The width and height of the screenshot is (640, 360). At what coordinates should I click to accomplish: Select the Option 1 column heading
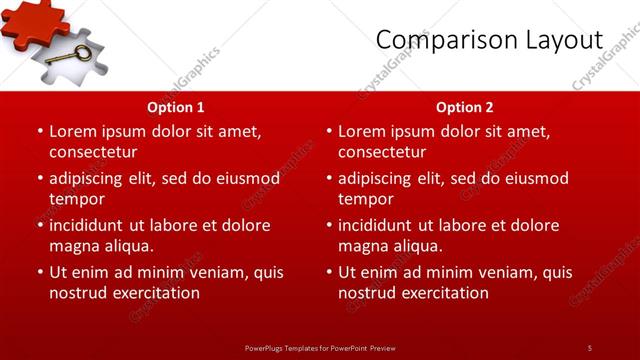(x=176, y=106)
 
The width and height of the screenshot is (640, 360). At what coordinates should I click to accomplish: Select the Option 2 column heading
(x=465, y=106)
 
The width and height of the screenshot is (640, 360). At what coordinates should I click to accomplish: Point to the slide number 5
(x=589, y=347)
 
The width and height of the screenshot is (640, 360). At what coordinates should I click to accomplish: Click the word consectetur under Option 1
(x=92, y=152)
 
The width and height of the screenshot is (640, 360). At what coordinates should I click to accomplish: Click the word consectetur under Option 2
(x=382, y=152)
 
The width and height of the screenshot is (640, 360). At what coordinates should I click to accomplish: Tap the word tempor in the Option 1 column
(x=76, y=199)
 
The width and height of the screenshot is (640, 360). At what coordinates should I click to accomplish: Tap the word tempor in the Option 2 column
(x=365, y=199)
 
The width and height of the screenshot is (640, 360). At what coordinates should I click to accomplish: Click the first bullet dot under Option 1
(x=40, y=131)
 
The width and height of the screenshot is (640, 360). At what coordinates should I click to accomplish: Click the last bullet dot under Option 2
(x=329, y=272)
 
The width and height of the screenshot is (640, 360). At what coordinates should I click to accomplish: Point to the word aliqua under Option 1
(x=126, y=246)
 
